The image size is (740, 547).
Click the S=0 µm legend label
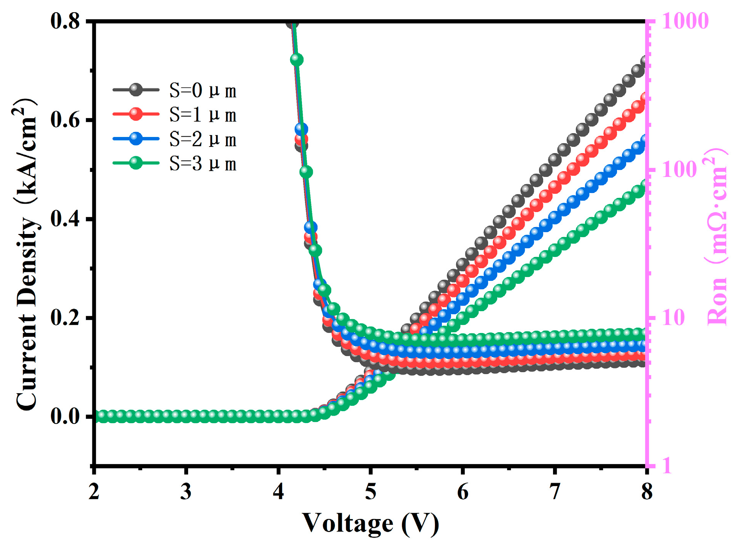203,91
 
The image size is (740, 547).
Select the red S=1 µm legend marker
136,114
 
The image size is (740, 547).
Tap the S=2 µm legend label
203,140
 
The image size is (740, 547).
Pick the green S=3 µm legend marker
136,163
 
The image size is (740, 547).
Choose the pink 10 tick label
673,318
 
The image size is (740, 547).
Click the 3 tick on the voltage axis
186,491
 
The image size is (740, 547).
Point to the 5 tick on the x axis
370,491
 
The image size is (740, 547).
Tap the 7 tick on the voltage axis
555,491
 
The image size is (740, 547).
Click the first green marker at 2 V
102,415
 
